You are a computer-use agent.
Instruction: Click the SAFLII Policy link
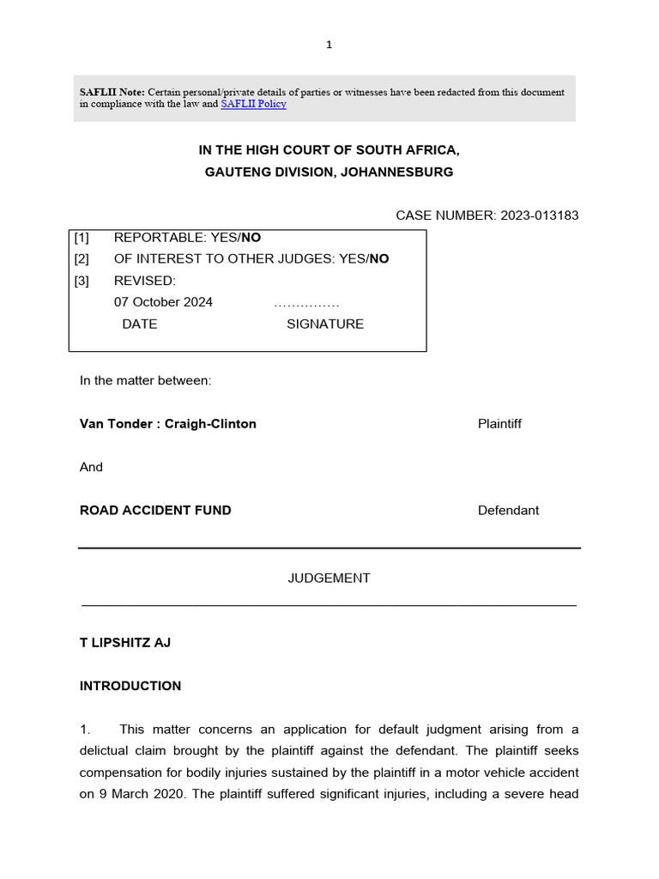[253, 104]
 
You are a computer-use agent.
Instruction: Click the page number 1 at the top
[329, 45]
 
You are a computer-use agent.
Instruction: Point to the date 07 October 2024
[163, 302]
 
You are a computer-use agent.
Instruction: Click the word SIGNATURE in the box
[324, 324]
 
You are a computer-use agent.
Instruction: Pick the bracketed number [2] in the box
[82, 258]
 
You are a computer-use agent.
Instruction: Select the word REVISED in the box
[144, 281]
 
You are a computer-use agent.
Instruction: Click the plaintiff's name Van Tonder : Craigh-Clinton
[167, 424]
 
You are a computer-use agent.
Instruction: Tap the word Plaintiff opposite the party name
[499, 424]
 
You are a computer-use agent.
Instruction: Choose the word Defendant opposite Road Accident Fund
[508, 510]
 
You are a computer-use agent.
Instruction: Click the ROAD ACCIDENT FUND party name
[155, 510]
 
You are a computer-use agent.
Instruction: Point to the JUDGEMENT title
[329, 579]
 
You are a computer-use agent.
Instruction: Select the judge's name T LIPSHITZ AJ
[125, 642]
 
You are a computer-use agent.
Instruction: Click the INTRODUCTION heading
[130, 686]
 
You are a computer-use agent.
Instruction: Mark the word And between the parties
[91, 467]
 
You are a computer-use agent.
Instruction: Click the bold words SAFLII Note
[112, 92]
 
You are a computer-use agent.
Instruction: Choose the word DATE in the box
[140, 324]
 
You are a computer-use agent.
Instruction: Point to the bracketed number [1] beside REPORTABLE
[82, 237]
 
